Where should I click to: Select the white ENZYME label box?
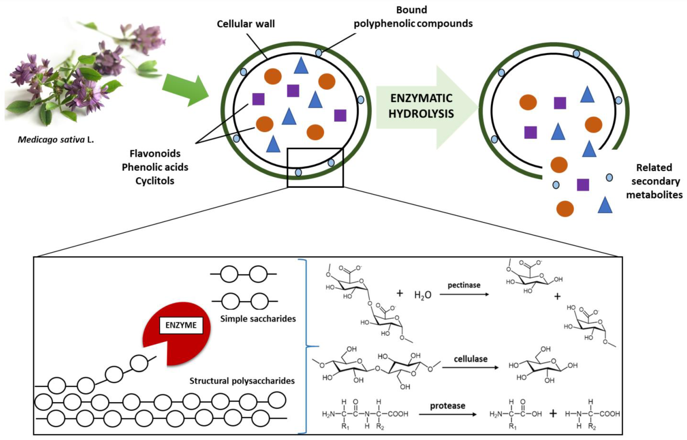[181, 325]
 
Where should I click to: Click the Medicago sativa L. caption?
[56, 140]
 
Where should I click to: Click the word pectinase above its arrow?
[464, 285]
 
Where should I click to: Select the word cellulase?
[470, 359]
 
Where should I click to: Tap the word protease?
[448, 405]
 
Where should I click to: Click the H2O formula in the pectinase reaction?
[423, 295]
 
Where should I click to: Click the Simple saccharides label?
[258, 318]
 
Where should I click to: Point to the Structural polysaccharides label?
[242, 381]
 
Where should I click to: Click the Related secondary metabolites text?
[654, 181]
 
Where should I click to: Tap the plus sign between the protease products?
[553, 414]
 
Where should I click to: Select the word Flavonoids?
[155, 154]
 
